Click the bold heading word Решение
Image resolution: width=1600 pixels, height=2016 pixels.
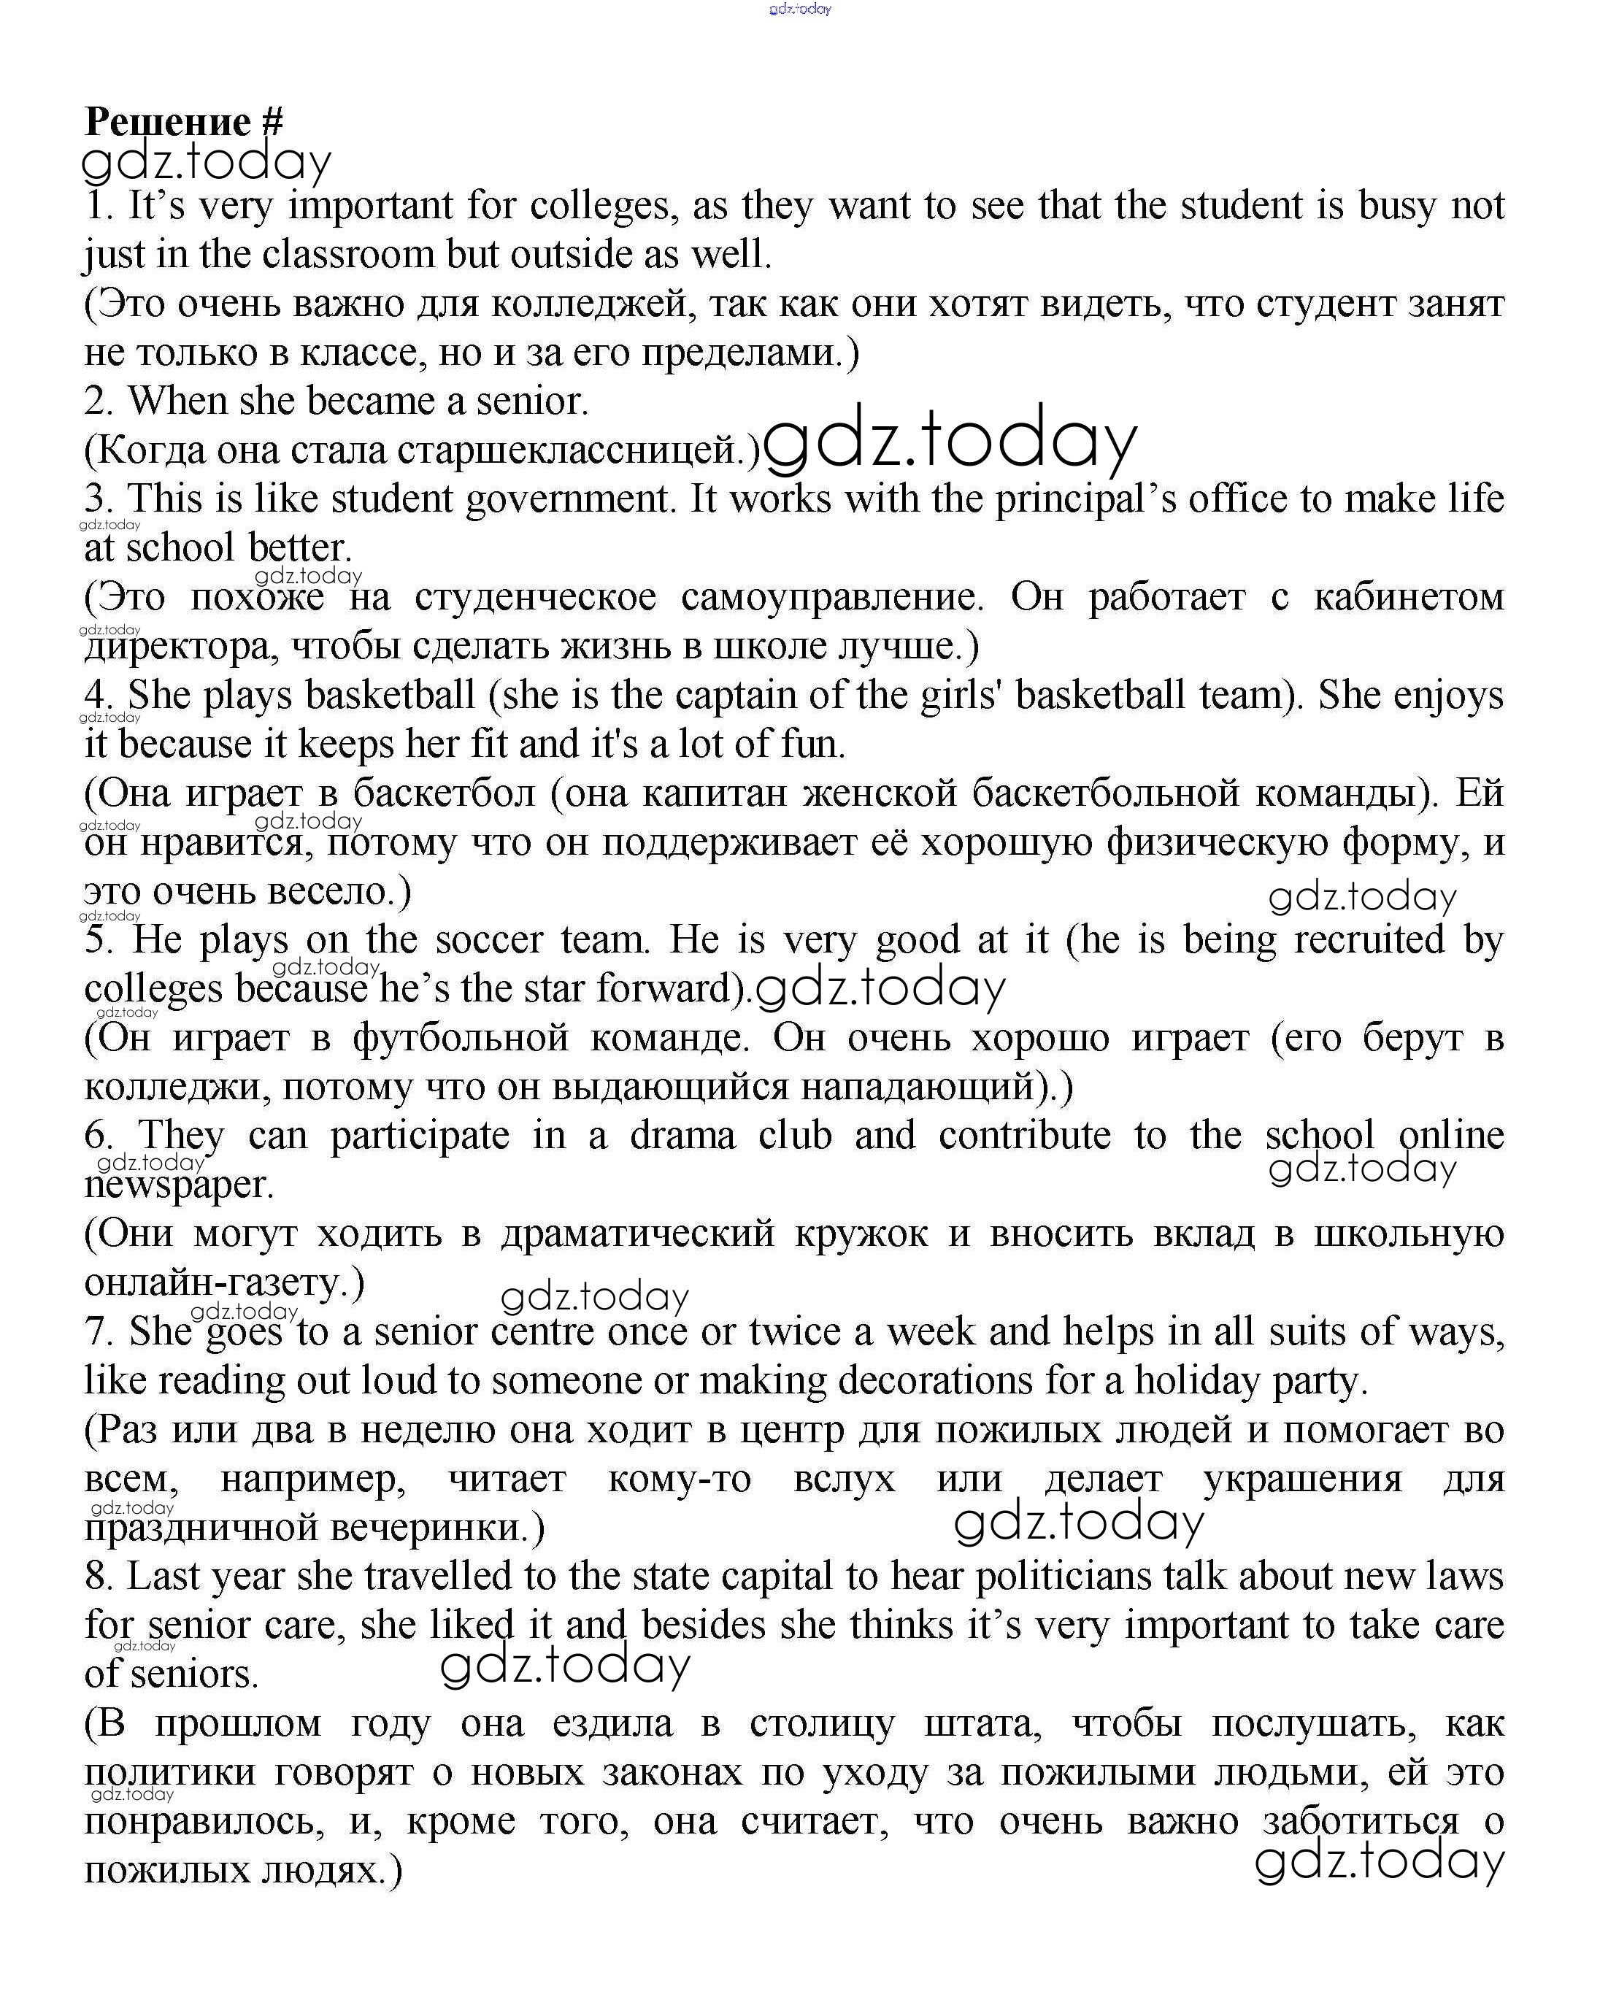point(169,122)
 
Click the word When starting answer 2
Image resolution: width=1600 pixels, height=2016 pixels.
point(177,401)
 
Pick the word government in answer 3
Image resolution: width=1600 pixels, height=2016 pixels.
point(569,499)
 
